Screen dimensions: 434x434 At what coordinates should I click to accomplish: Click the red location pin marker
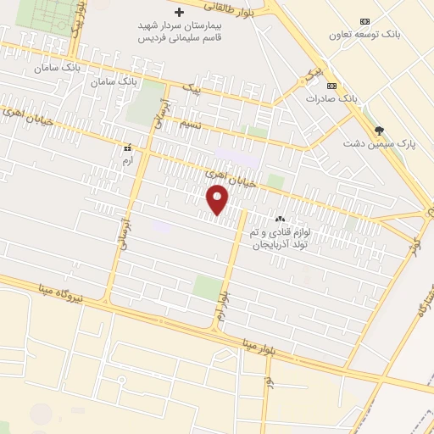pos(218,199)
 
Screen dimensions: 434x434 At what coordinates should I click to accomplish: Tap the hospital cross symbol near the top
pos(179,13)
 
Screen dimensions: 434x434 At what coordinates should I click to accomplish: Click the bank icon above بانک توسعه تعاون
pos(364,20)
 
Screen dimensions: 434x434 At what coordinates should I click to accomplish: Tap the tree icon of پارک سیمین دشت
pos(379,130)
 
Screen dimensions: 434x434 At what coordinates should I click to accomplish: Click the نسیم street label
pos(192,124)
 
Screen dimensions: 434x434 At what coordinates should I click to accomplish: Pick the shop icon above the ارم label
pos(127,147)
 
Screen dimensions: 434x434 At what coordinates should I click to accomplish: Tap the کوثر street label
pos(415,246)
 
